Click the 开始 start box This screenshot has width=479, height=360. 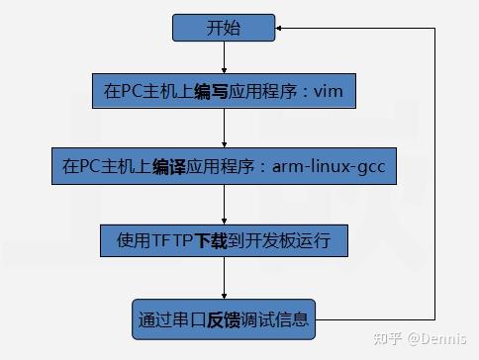[x=224, y=28]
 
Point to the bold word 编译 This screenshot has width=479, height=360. [x=170, y=167]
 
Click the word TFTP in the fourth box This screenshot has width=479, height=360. [x=172, y=240]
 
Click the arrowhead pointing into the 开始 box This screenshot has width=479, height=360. [x=282, y=28]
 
